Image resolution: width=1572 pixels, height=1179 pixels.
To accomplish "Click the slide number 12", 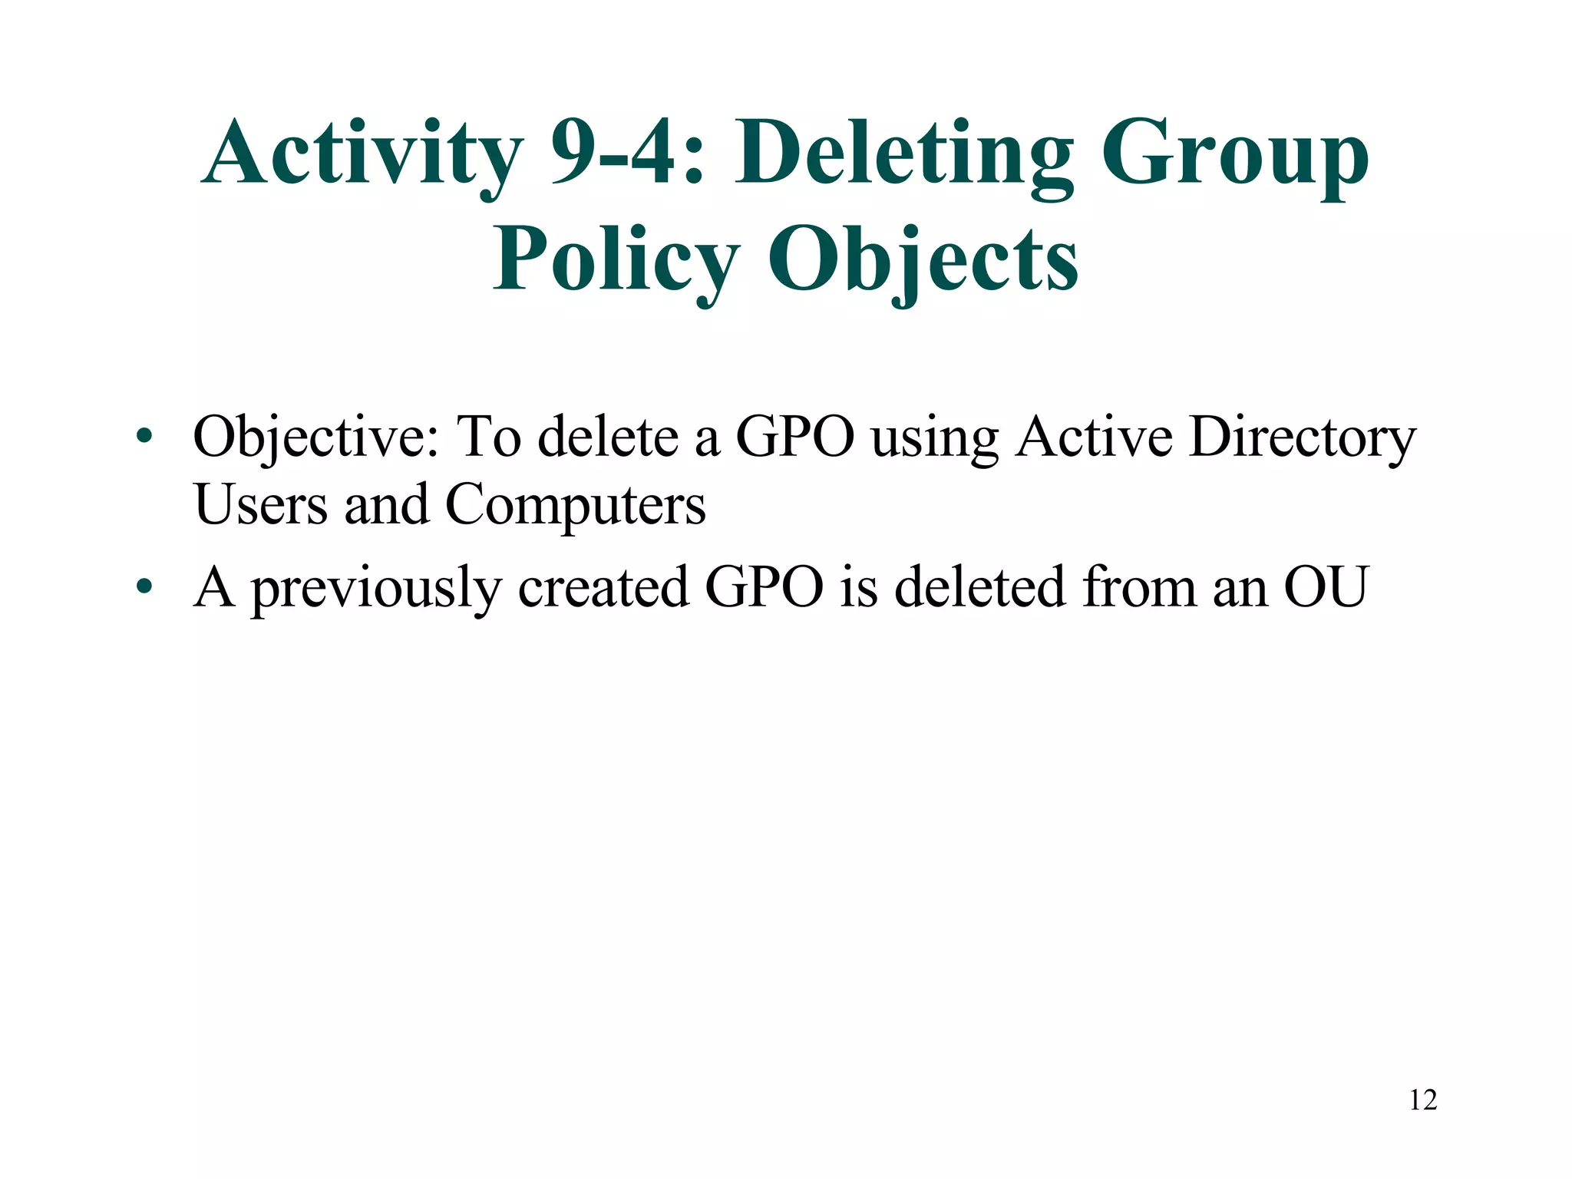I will coord(1423,1100).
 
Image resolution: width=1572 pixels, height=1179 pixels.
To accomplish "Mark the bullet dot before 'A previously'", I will coord(144,588).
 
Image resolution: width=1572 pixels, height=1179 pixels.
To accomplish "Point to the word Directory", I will coord(1302,438).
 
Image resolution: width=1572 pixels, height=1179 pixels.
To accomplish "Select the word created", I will coord(603,587).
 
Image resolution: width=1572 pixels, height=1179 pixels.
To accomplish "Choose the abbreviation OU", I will coord(1326,587).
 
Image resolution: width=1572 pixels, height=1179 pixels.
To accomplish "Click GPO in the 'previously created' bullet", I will coord(764,587).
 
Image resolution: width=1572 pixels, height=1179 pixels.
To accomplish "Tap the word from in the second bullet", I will coord(1139,587).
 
